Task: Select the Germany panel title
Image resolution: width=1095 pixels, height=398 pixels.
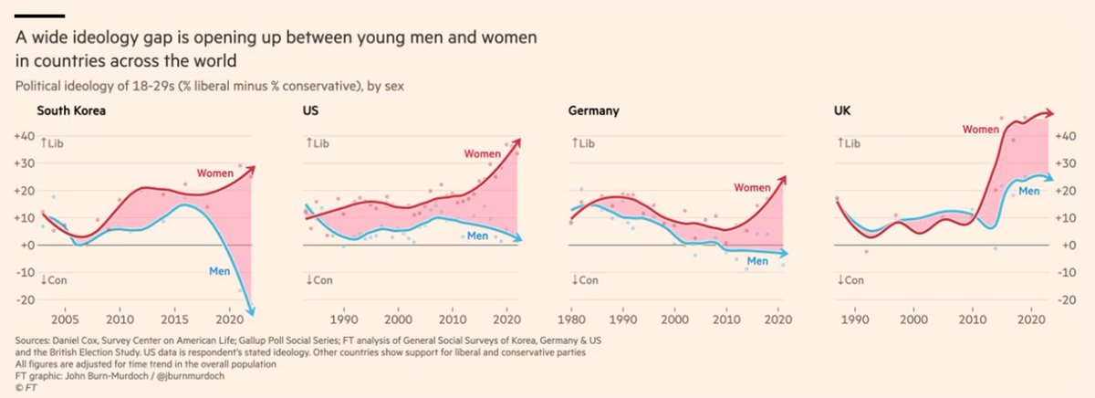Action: pyautogui.click(x=593, y=112)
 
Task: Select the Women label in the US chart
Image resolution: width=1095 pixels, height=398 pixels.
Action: pyautogui.click(x=483, y=154)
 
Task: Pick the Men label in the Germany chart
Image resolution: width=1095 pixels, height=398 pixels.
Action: pyautogui.click(x=759, y=262)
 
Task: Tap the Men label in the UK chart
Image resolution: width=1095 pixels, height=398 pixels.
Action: pyautogui.click(x=1029, y=191)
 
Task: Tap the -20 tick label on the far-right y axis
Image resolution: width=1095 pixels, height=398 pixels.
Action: pyautogui.click(x=1070, y=300)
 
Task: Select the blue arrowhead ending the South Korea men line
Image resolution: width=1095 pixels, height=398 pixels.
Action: pyautogui.click(x=251, y=312)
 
